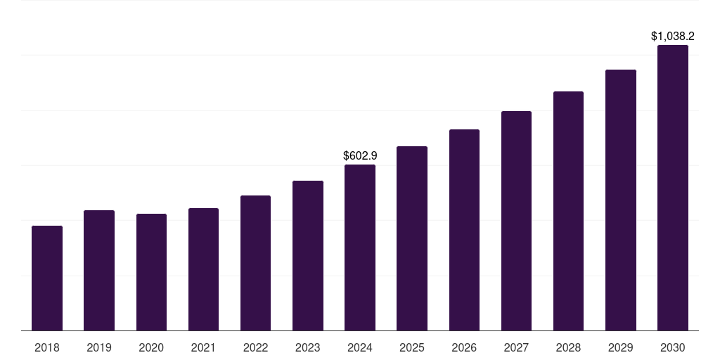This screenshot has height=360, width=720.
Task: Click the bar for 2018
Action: pyautogui.click(x=47, y=278)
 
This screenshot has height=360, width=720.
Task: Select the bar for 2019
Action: pyautogui.click(x=99, y=270)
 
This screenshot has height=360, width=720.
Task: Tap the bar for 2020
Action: pyautogui.click(x=151, y=272)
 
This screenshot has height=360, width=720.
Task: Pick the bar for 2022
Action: pyautogui.click(x=255, y=263)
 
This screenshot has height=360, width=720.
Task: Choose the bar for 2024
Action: pyautogui.click(x=360, y=247)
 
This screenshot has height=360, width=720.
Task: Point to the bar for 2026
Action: pyautogui.click(x=464, y=230)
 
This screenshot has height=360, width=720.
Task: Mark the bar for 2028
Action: pyautogui.click(x=568, y=211)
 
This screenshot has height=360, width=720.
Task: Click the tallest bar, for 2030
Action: pyautogui.click(x=672, y=188)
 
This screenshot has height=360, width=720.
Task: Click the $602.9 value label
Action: pyautogui.click(x=360, y=155)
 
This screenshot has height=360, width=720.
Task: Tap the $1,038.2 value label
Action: pyautogui.click(x=673, y=36)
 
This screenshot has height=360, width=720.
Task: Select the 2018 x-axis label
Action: pyautogui.click(x=47, y=347)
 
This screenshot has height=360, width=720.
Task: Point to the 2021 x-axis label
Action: pyautogui.click(x=203, y=347)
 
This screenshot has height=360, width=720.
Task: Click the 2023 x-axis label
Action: pyautogui.click(x=307, y=347)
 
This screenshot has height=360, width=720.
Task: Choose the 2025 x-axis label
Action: pyautogui.click(x=412, y=347)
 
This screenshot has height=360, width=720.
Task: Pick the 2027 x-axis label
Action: pyautogui.click(x=516, y=347)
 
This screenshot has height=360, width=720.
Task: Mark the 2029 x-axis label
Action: pyautogui.click(x=620, y=347)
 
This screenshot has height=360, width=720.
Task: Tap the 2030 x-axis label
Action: pyautogui.click(x=672, y=347)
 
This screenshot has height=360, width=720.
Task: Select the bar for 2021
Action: pyautogui.click(x=203, y=269)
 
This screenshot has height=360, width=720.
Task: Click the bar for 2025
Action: pyautogui.click(x=412, y=238)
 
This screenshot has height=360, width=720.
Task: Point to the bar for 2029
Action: pyautogui.click(x=620, y=200)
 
